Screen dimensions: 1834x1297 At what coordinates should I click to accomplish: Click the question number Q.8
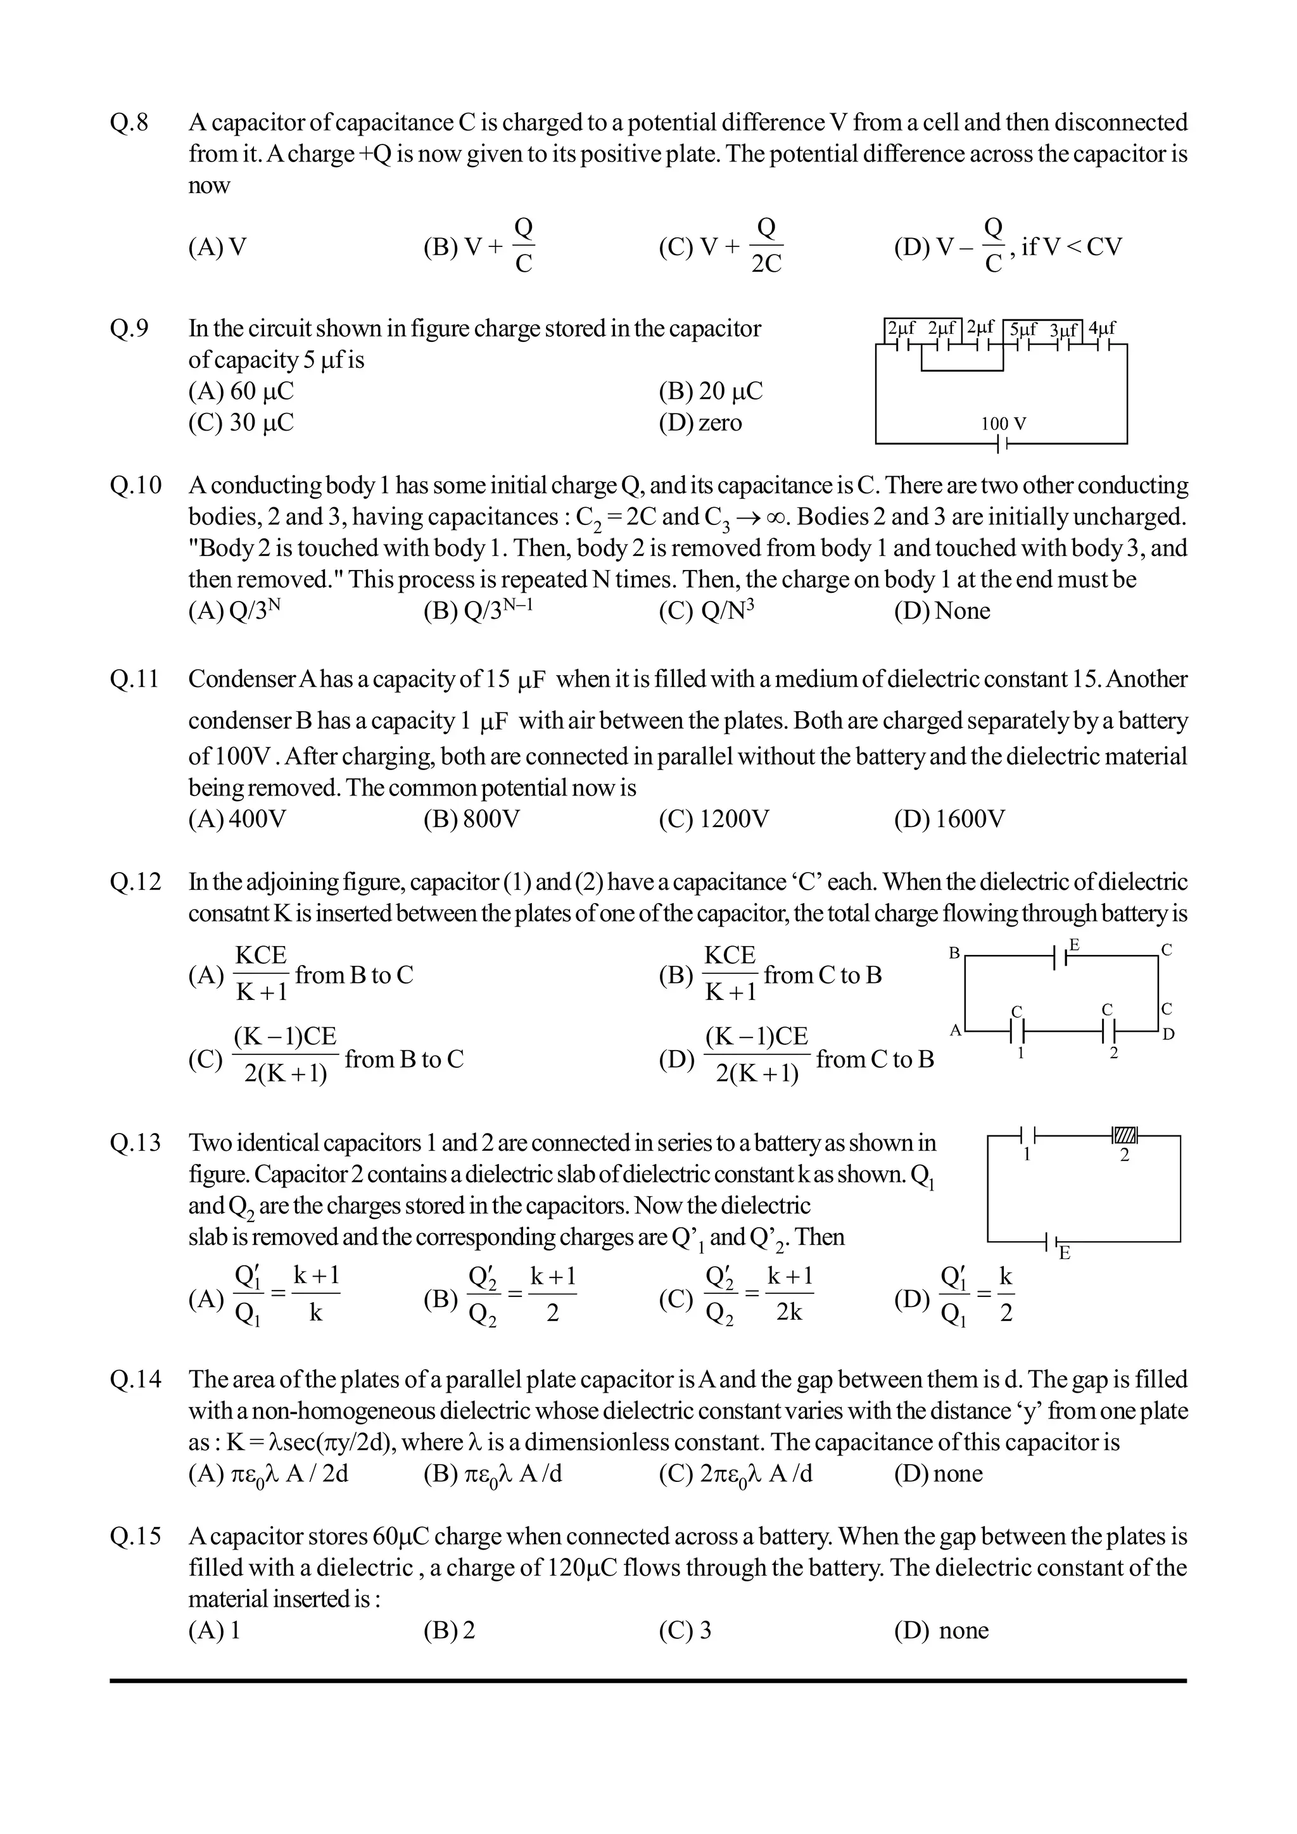click(x=129, y=123)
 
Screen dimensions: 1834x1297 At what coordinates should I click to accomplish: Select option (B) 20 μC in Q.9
click(x=710, y=391)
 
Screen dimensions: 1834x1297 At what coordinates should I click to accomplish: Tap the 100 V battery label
click(x=1003, y=424)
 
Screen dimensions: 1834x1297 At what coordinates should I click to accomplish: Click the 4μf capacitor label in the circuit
click(x=1102, y=328)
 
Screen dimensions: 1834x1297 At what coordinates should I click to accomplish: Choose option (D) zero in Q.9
click(x=700, y=422)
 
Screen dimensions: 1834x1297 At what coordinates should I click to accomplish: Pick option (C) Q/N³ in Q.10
click(x=706, y=611)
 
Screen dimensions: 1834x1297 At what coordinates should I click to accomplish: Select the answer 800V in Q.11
click(x=471, y=819)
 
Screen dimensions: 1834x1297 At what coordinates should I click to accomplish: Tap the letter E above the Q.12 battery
click(x=1074, y=945)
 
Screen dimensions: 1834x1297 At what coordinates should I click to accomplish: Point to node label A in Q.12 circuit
click(x=954, y=1030)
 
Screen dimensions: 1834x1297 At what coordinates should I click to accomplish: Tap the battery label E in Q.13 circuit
click(x=1064, y=1253)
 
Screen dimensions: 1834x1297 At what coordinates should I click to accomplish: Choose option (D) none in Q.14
click(x=939, y=1474)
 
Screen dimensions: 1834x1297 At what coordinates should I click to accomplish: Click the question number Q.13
click(x=135, y=1143)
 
